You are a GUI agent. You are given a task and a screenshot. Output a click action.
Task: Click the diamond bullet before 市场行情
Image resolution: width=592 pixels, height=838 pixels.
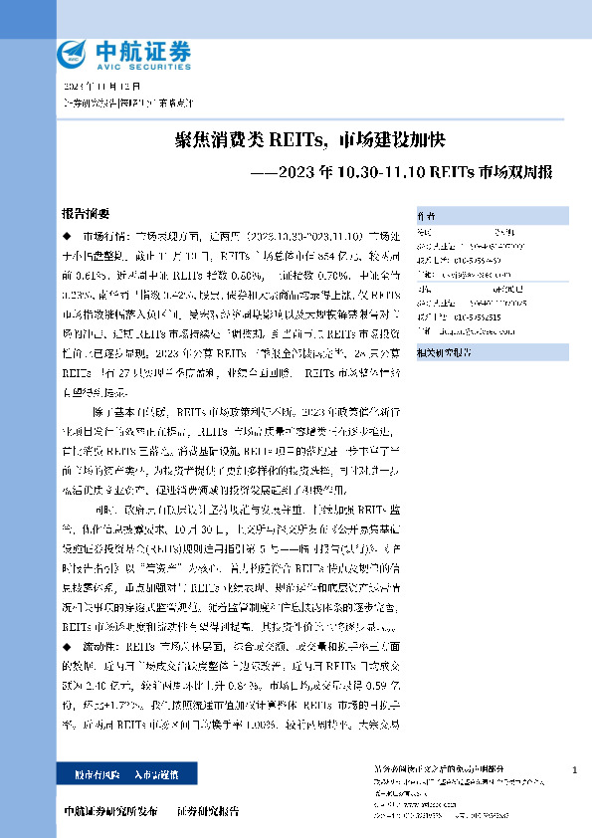pyautogui.click(x=67, y=236)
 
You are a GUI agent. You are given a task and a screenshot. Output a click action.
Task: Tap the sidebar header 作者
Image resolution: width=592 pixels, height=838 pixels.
pyautogui.click(x=426, y=214)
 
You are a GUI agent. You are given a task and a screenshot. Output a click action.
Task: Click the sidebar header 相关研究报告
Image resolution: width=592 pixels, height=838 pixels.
pyautogui.click(x=444, y=324)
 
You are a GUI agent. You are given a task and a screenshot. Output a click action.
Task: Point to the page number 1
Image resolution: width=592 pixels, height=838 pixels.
pyautogui.click(x=576, y=771)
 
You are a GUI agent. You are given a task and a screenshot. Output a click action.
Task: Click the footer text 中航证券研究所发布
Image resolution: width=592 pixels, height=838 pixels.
pyautogui.click(x=109, y=810)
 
